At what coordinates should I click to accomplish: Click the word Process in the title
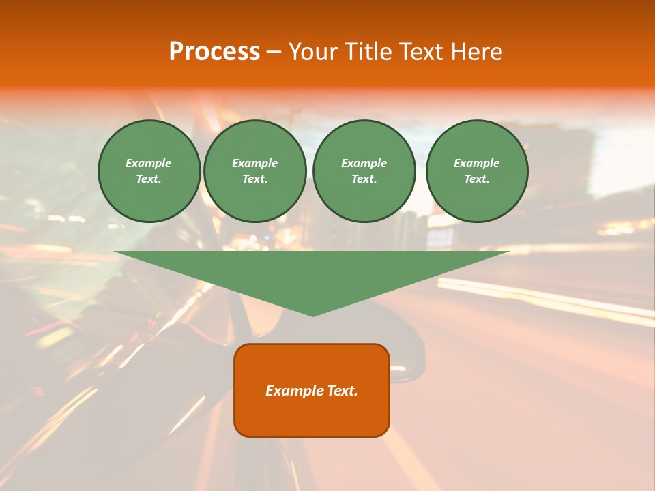pos(214,51)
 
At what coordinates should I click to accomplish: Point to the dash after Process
pos(274,52)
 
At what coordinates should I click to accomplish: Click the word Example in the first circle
pos(149,163)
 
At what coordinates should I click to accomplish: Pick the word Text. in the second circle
pos(255,179)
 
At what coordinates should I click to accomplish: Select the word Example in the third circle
pos(364,163)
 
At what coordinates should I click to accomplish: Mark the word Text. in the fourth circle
pos(477,179)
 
